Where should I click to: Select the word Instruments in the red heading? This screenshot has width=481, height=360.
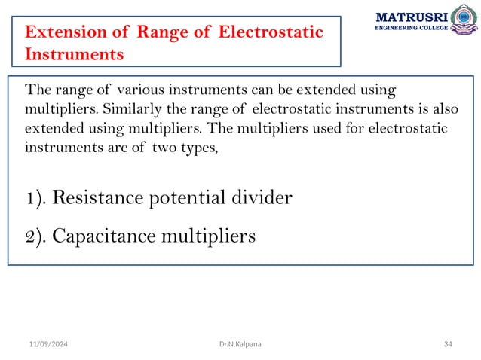(x=74, y=55)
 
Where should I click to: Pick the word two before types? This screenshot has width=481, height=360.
(x=165, y=147)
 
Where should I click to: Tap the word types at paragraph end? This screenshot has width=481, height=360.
(x=198, y=148)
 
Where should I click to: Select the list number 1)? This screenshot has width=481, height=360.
(x=35, y=199)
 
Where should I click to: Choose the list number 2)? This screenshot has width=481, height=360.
(x=35, y=236)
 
